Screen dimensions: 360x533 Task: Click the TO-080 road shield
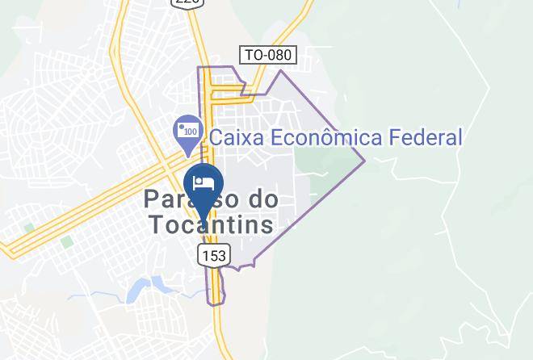(269, 55)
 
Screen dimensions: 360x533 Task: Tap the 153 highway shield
(213, 255)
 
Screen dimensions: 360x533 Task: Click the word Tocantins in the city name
(210, 224)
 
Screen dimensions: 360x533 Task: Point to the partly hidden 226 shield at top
(187, 2)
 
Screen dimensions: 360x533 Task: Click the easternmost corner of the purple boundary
(365, 159)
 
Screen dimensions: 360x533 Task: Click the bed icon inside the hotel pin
(203, 180)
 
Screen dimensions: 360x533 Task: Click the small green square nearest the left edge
(30, 228)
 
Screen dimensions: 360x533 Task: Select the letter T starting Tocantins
(155, 224)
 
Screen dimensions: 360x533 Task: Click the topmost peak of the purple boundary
(281, 71)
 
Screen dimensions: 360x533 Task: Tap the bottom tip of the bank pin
(188, 155)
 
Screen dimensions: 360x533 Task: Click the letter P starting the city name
(153, 199)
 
